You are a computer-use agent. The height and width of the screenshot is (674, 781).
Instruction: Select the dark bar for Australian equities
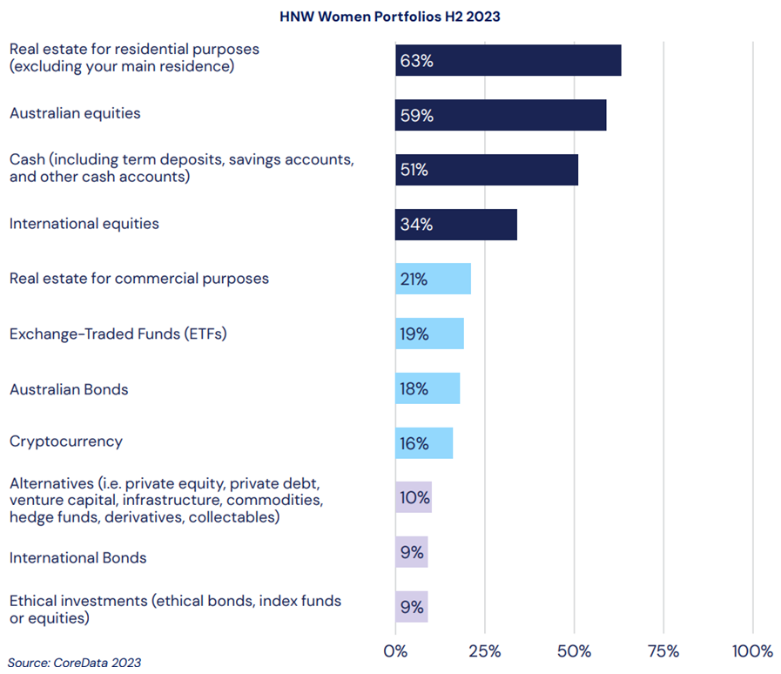click(501, 115)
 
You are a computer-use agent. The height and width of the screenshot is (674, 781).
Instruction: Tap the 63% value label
click(416, 61)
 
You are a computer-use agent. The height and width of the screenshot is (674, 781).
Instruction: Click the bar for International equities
click(456, 225)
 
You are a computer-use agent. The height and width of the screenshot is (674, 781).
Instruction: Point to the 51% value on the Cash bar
click(414, 170)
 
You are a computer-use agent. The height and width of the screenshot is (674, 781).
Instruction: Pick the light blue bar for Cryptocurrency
click(424, 443)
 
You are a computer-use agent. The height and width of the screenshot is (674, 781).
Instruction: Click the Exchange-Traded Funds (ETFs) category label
click(118, 334)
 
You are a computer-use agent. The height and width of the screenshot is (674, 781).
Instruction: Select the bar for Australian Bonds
click(428, 388)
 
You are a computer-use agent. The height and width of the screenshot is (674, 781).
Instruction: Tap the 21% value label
click(414, 280)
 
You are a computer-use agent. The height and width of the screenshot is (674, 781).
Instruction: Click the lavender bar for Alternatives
click(414, 497)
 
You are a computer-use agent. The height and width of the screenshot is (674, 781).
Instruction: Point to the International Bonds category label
click(77, 557)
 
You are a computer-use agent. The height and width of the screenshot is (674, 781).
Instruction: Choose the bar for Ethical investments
click(412, 607)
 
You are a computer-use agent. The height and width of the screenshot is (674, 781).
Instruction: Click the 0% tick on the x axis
click(395, 651)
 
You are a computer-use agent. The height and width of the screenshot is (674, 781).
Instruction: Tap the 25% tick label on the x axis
click(485, 651)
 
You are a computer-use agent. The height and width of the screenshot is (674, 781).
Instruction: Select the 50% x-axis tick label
click(574, 651)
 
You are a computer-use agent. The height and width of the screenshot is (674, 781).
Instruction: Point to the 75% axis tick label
click(663, 651)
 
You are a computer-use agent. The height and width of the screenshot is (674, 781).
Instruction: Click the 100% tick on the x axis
click(752, 651)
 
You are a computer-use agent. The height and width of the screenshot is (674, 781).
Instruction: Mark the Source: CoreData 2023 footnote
click(74, 663)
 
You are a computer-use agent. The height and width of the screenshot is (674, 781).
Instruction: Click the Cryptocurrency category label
click(66, 441)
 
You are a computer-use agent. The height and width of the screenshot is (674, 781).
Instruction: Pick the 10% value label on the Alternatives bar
click(415, 498)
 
